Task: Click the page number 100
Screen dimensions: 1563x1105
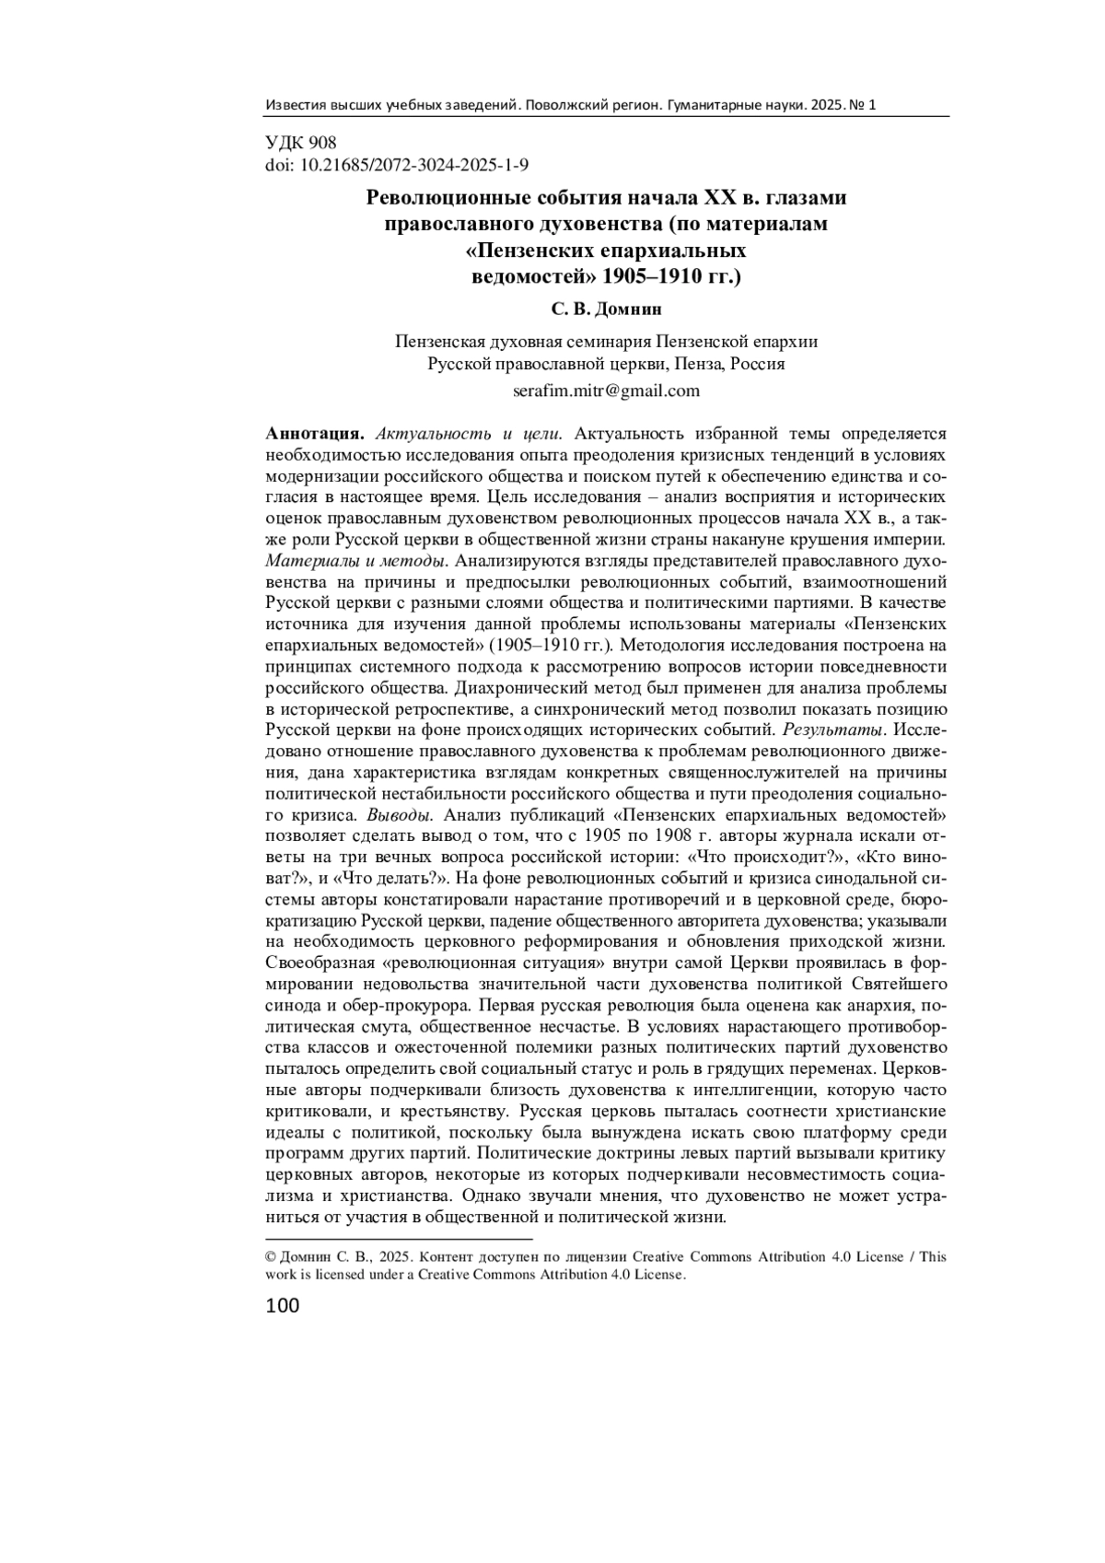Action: tap(283, 1305)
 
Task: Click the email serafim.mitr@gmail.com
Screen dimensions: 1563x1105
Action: tap(606, 391)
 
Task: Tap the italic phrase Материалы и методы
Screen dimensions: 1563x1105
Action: tap(356, 561)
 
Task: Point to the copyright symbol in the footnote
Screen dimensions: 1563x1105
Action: tap(271, 1257)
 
